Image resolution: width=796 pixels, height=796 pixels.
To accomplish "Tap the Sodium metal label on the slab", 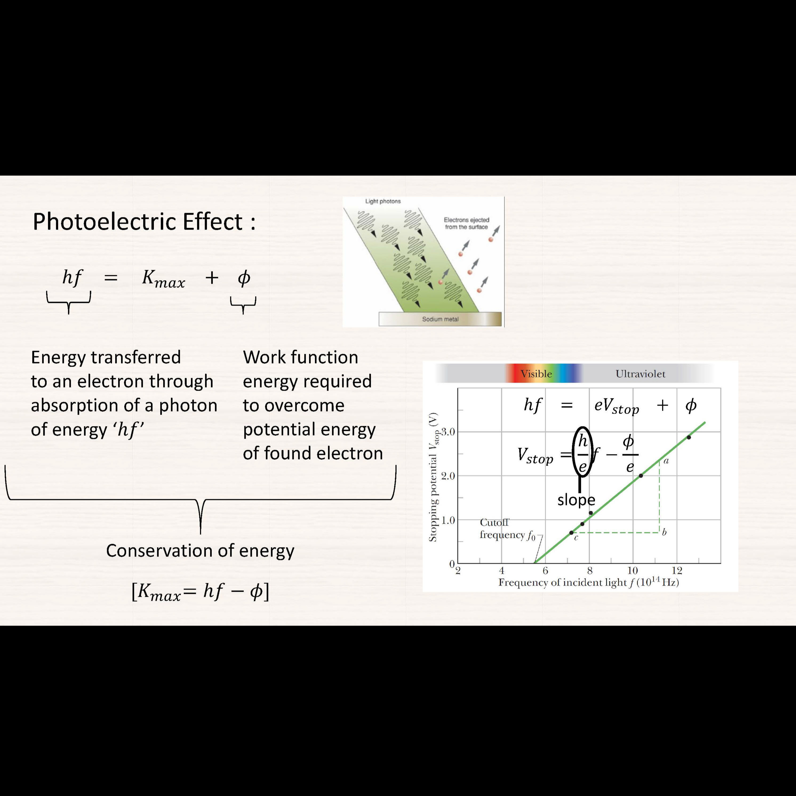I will (x=440, y=319).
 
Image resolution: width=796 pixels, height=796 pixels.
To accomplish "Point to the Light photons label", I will (x=383, y=201).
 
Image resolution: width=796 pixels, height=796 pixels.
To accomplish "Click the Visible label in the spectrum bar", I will (x=536, y=374).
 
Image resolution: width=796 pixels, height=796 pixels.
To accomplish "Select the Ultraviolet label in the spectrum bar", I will (x=640, y=374).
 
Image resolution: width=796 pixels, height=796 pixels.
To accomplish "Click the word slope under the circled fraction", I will (x=576, y=500).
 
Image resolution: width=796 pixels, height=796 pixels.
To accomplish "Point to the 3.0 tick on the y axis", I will (x=448, y=432).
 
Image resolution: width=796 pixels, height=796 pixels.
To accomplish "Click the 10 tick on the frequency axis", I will (x=633, y=571).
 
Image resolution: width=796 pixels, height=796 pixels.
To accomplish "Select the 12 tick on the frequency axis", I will (x=677, y=571).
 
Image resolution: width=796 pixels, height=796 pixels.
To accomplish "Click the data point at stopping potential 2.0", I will (x=641, y=476).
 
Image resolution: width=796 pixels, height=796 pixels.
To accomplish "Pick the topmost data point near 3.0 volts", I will (x=689, y=437).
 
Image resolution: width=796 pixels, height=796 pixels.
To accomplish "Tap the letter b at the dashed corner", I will (x=664, y=532).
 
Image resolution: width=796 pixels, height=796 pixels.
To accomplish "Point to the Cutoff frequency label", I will (x=507, y=529).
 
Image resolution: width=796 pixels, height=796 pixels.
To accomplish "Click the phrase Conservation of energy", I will (x=200, y=551).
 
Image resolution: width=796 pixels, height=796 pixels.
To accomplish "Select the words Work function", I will (x=300, y=357).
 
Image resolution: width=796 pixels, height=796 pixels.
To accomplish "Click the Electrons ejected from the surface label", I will (x=466, y=223).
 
